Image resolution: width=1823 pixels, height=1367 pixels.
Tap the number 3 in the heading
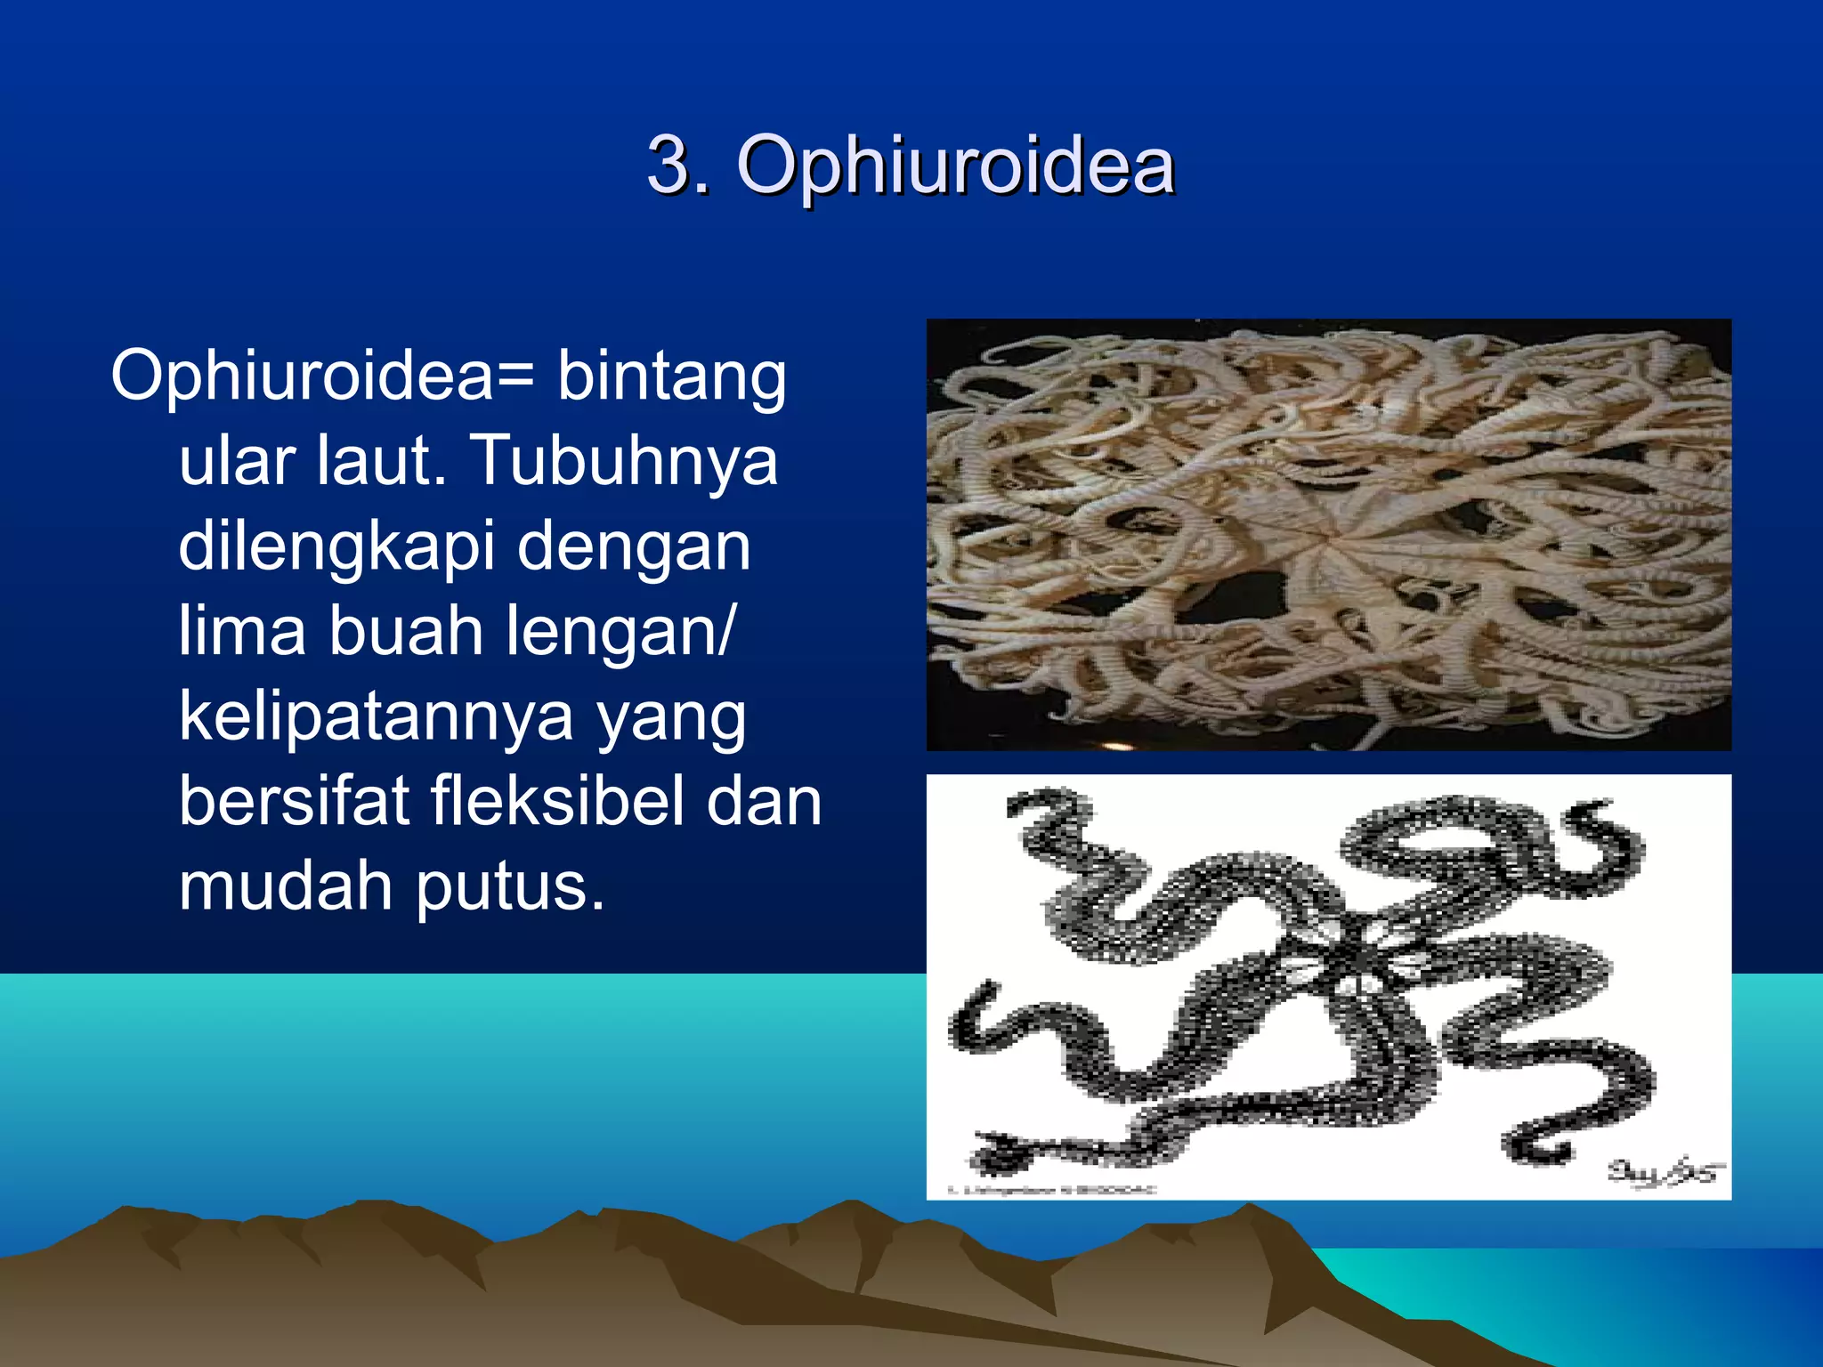669,165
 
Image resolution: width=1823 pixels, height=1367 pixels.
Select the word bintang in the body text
672,378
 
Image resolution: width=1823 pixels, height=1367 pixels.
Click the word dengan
634,546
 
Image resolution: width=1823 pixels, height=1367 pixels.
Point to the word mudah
286,886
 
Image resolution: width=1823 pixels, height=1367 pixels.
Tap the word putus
510,888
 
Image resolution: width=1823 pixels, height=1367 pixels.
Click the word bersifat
294,801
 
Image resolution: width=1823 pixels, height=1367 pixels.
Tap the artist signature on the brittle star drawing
1663,1172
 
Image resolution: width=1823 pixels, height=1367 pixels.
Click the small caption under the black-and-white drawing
1050,1190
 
